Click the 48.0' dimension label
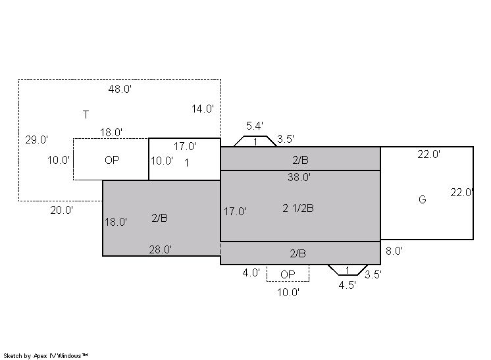point(120,90)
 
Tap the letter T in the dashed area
point(86,115)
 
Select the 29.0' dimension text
point(37,140)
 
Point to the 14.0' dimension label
point(203,109)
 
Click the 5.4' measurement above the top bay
point(255,126)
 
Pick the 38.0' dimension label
point(299,177)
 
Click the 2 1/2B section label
point(298,208)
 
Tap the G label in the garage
point(423,199)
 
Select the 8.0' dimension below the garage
point(394,251)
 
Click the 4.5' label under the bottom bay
point(348,285)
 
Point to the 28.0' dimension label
point(161,249)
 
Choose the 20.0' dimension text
point(62,210)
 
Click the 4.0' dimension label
point(251,272)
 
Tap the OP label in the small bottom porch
point(288,274)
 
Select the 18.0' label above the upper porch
point(111,132)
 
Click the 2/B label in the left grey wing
point(160,218)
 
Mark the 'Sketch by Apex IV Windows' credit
point(45,356)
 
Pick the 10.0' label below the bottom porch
point(288,292)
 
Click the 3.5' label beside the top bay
point(286,139)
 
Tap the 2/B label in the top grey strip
point(301,160)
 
